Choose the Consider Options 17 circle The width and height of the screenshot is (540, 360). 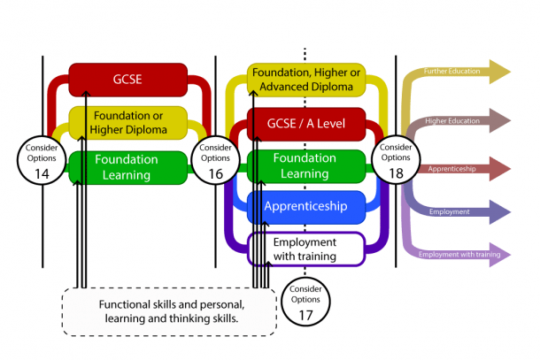pyautogui.click(x=305, y=300)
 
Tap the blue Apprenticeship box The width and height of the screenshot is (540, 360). pyautogui.click(x=305, y=208)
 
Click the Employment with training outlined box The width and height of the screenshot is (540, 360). pyautogui.click(x=305, y=249)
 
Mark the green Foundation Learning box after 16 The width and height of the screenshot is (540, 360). pyautogui.click(x=305, y=166)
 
